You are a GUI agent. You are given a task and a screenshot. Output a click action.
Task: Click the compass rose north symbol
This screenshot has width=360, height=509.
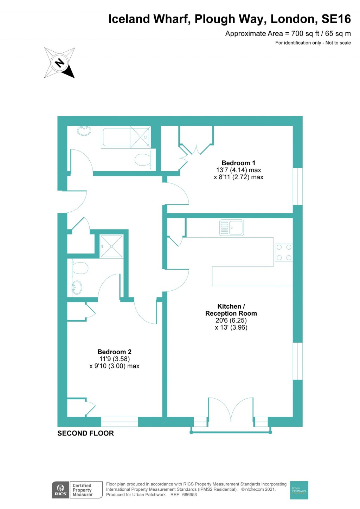pos(59,63)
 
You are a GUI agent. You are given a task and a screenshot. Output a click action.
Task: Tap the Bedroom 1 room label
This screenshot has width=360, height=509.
pos(238,163)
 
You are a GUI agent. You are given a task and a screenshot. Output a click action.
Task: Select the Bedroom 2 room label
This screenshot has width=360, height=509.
pos(114,352)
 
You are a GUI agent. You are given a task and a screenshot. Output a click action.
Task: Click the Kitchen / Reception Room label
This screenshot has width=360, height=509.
pos(231,310)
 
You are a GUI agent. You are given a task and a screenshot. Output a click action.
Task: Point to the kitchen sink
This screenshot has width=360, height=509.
pos(231,228)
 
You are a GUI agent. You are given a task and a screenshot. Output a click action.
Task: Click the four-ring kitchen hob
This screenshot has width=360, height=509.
pos(284,252)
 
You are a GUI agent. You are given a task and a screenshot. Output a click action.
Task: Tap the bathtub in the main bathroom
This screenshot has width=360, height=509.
pos(126,137)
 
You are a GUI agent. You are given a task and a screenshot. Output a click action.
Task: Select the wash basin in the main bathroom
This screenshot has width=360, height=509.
pos(84,131)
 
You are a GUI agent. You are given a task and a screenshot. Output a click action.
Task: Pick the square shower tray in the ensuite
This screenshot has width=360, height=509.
pos(111,246)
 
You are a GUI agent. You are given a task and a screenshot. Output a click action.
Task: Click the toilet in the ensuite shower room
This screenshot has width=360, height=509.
pos(80,268)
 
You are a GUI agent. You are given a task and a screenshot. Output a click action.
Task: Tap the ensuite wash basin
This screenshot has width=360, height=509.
pos(77,287)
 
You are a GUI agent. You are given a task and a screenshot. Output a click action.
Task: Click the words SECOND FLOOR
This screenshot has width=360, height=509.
pos(85,433)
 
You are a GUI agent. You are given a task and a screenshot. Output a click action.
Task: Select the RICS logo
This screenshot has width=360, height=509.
pos(60,490)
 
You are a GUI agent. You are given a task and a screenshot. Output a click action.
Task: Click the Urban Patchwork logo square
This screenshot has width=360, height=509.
pos(299,490)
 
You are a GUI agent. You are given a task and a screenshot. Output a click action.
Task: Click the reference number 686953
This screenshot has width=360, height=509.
pos(189,495)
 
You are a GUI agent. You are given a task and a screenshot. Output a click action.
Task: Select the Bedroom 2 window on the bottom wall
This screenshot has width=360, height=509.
pos(120,421)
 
